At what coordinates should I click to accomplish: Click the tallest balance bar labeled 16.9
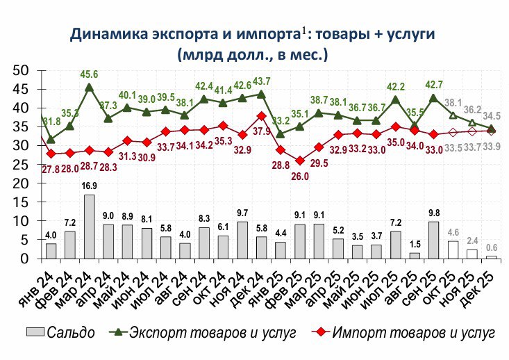coord(90,227)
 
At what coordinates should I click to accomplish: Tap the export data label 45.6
coord(90,75)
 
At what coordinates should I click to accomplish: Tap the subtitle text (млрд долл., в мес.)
coord(252,54)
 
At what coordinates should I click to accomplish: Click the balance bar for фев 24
coord(70,245)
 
